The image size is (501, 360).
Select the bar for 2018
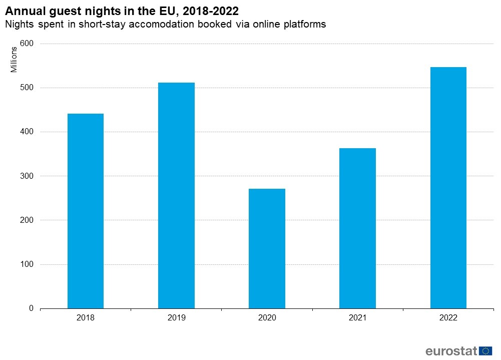tap(85, 211)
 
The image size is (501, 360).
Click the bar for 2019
tap(176, 195)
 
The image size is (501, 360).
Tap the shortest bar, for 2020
tap(267, 248)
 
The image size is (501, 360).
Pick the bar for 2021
tap(357, 228)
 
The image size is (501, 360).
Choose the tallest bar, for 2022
tap(448, 187)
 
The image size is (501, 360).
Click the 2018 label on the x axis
tap(85, 318)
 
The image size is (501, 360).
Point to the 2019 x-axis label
tap(176, 318)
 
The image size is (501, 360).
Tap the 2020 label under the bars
tap(267, 318)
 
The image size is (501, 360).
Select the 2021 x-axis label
tap(357, 318)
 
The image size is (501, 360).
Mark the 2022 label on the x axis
tap(448, 318)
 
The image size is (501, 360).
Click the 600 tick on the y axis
tap(27, 44)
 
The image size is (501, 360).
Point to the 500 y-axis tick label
tap(27, 88)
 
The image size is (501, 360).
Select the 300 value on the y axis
tap(27, 176)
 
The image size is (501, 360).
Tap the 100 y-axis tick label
tap(27, 264)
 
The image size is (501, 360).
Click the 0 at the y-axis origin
tap(31, 308)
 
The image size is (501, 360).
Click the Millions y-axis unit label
tap(15, 59)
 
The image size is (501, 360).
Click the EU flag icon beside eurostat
tap(485, 350)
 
